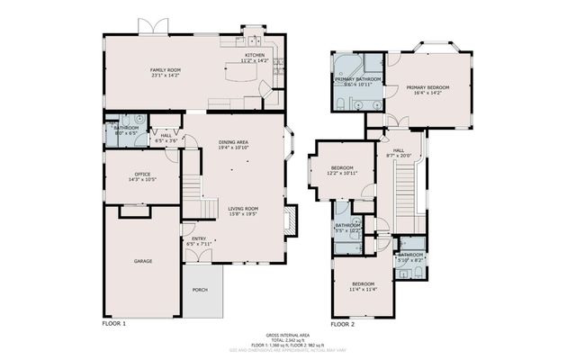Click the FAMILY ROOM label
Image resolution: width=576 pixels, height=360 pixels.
(165, 69)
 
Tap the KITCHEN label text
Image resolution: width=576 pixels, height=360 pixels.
(255, 56)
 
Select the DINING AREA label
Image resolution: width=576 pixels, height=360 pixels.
(233, 142)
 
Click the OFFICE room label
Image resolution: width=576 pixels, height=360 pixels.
(142, 175)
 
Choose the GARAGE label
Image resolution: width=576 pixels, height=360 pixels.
(142, 261)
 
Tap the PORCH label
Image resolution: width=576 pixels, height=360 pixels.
(201, 291)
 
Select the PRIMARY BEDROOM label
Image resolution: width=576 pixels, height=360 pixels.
(427, 87)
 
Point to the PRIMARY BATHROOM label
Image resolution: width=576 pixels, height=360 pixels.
(358, 80)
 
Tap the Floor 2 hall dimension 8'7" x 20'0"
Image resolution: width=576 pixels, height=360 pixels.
(398, 156)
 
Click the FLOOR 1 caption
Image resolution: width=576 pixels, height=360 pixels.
(113, 323)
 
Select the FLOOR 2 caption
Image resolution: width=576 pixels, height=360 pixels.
(342, 323)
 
